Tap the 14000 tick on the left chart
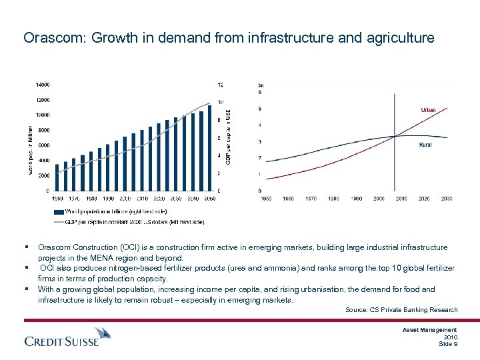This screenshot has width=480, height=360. [x=43, y=85]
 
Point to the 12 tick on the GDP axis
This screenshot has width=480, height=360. [x=221, y=85]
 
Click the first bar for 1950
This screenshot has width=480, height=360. [x=57, y=177]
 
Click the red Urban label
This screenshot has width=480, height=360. [x=428, y=110]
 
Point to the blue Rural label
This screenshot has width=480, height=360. [x=425, y=145]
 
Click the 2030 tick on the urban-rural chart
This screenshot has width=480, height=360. [x=446, y=199]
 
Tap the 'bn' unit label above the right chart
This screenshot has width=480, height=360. [x=261, y=85]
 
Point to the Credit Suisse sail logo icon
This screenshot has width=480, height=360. [x=102, y=334]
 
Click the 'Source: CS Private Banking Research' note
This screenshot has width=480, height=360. [x=401, y=310]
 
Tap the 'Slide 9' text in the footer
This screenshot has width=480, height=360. [x=447, y=343]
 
